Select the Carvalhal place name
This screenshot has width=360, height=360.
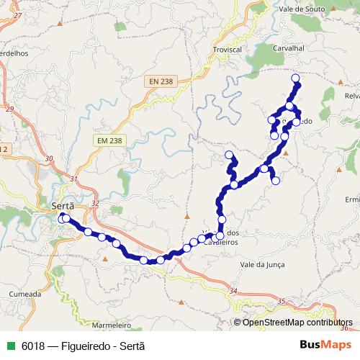[290, 48]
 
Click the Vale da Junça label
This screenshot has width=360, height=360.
[264, 264]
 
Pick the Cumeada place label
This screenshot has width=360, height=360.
[24, 294]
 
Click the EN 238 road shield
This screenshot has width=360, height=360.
[161, 81]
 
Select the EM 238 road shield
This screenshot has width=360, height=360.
[108, 141]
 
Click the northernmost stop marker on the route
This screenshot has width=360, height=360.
[294, 78]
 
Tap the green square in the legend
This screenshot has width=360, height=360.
[9, 345]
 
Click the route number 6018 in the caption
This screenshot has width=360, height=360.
[33, 345]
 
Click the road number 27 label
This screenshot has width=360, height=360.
[19, 14]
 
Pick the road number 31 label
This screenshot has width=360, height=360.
[73, 178]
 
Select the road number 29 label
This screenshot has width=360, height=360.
[9, 109]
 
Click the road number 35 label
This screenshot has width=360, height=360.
[280, 300]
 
